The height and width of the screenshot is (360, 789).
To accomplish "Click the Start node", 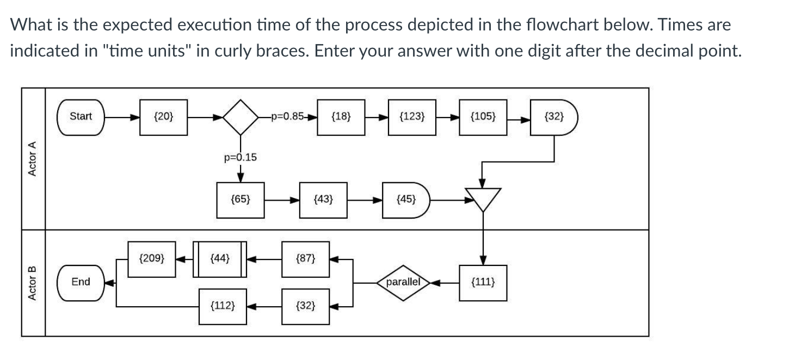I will [x=81, y=116].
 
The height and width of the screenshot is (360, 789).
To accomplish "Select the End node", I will [x=81, y=282].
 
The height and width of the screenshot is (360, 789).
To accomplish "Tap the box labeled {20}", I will [x=163, y=116].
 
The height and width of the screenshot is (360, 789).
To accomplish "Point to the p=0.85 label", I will [x=288, y=116].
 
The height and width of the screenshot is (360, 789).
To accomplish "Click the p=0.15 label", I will [x=240, y=158].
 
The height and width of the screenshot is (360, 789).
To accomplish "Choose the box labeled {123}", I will [x=412, y=116].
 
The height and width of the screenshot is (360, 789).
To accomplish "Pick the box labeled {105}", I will [x=483, y=116].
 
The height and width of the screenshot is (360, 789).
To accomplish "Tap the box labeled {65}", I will [x=241, y=200].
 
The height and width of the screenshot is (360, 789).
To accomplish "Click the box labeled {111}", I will [x=483, y=282].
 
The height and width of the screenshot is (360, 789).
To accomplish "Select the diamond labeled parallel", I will [x=403, y=282].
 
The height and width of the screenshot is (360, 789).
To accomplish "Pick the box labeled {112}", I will [x=223, y=306].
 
